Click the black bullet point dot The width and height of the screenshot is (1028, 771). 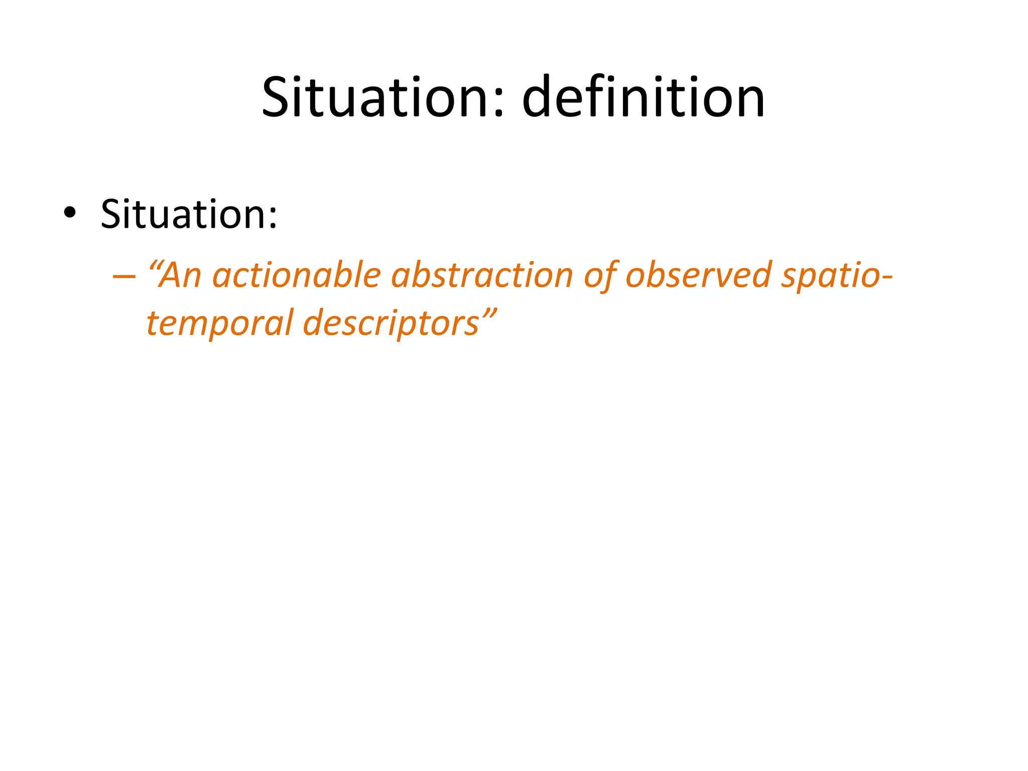coord(70,213)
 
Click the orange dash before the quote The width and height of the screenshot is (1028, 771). coord(124,277)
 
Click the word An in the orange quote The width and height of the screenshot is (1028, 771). coord(180,276)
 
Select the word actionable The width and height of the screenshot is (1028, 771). coord(297,276)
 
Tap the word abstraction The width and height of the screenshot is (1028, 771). coord(482,276)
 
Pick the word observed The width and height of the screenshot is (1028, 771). coord(698,276)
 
